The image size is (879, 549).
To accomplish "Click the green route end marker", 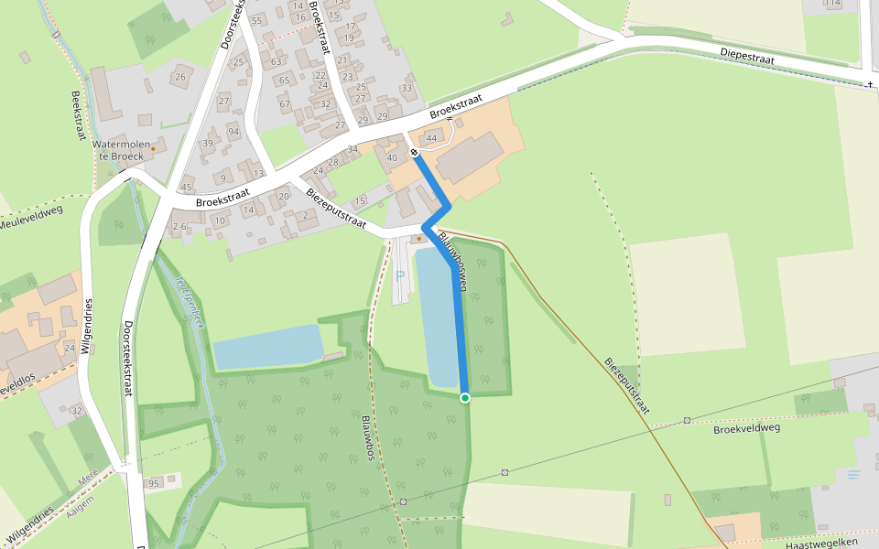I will coord(465,398).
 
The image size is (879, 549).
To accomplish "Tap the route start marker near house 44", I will coord(414,152).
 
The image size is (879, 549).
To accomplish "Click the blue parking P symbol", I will coord(399,274).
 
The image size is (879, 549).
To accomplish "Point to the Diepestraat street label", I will coord(747,57).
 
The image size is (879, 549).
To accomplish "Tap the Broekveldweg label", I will coord(745,428).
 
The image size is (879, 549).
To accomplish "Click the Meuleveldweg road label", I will coord(31,219).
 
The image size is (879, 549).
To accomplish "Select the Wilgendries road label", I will coord(89,326).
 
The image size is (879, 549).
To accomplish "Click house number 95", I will coord(153,483).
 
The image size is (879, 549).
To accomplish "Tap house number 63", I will coord(276,62).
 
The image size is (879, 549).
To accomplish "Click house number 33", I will coord(407,88).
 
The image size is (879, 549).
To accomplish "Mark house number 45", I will coord(187,188).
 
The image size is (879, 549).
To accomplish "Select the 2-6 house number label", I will coord(179,226).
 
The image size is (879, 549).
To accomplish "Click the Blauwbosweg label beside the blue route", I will coord(452,260).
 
